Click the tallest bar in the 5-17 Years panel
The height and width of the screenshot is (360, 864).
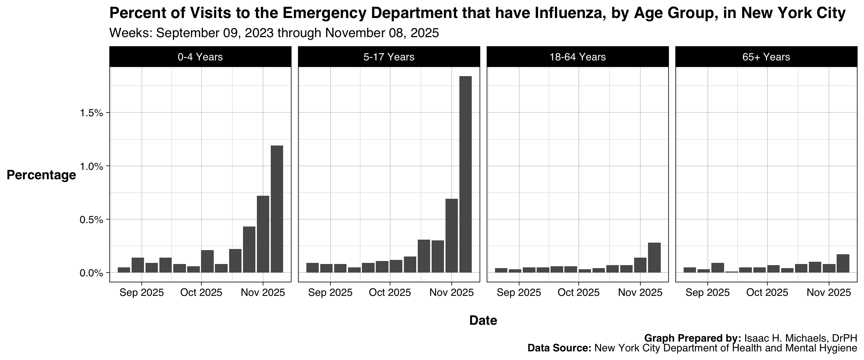[x=465, y=174]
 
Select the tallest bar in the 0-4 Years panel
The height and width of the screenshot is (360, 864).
[x=277, y=209]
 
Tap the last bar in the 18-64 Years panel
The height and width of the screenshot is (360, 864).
[x=654, y=258]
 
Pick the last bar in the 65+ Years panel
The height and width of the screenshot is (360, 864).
[x=843, y=263]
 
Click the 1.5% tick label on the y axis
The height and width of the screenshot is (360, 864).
[x=91, y=113]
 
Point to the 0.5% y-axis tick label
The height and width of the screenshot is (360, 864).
[x=91, y=219]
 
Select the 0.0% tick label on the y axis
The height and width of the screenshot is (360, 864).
[x=91, y=273]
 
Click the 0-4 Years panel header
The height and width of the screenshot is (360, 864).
[x=200, y=57]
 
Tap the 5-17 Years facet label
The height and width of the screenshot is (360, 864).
[x=389, y=57]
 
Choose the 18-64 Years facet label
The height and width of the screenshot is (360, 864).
[x=577, y=57]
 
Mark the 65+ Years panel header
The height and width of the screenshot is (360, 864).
[x=766, y=57]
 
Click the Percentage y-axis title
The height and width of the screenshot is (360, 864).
[x=41, y=175]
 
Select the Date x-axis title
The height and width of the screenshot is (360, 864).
[x=483, y=320]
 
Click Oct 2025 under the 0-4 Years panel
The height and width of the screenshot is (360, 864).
[x=201, y=292]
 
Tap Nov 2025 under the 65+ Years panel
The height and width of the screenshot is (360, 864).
[x=829, y=292]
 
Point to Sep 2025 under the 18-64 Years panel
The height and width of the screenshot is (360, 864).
[x=519, y=292]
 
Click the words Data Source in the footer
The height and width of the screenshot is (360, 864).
[x=559, y=348]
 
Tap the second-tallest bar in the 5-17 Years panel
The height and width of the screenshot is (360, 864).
[x=451, y=235]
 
